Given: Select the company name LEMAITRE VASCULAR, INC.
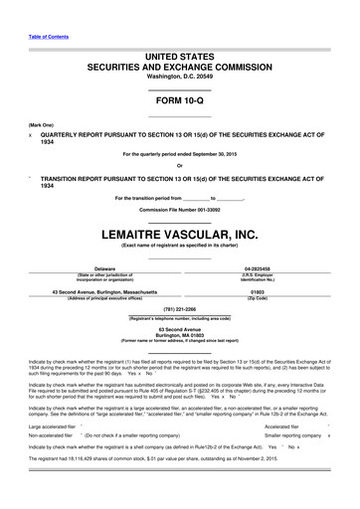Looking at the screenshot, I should point(179,235).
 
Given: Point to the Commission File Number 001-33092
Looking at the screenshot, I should point(179,213).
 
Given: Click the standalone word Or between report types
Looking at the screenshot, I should point(179,165).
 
